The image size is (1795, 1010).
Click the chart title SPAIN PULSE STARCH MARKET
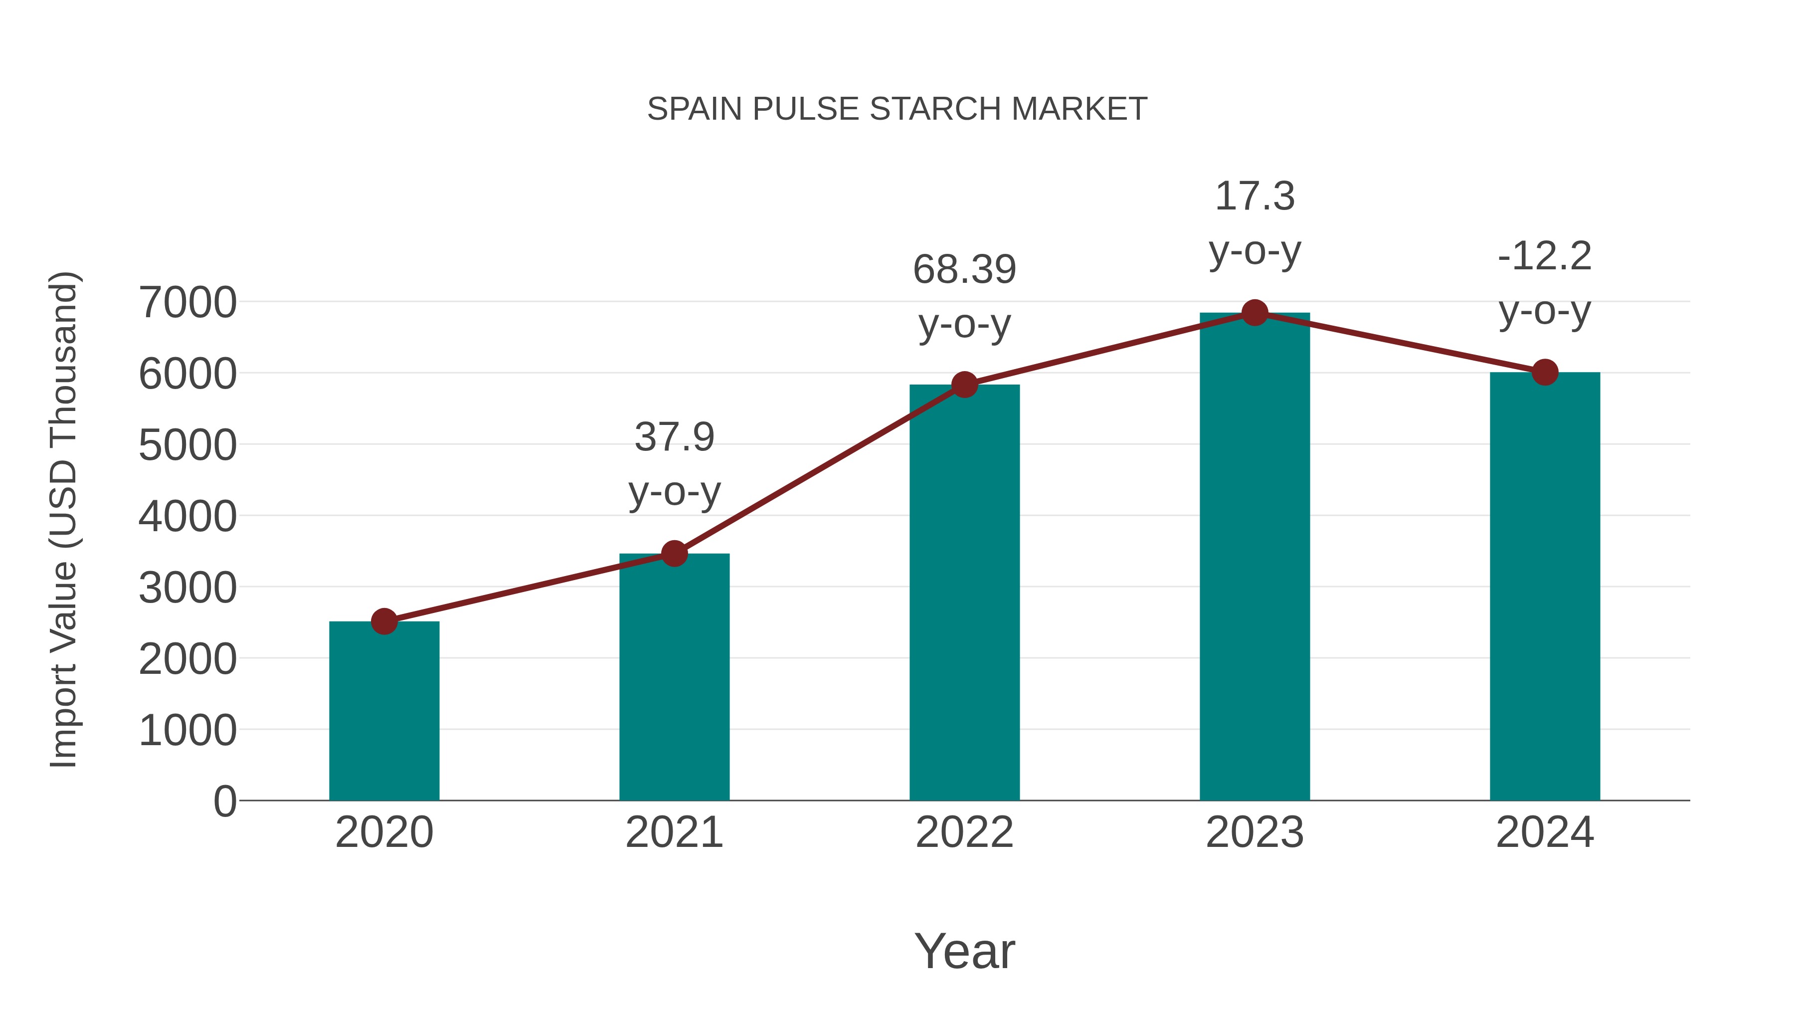coord(897,109)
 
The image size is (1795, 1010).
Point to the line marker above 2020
coord(384,621)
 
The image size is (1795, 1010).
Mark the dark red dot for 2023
coord(1255,313)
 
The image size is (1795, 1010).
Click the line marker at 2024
coord(1545,372)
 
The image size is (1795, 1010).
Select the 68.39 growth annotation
coord(964,270)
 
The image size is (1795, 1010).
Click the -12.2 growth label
coord(1545,256)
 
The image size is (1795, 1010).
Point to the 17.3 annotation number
coord(1255,196)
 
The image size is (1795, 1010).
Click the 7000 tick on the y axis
coord(187,303)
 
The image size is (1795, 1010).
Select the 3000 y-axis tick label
coord(187,588)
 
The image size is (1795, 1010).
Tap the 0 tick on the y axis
coord(224,801)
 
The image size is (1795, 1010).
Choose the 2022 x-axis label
coord(964,832)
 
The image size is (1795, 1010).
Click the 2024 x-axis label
coord(1545,832)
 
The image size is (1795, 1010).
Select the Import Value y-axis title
coord(63,519)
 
